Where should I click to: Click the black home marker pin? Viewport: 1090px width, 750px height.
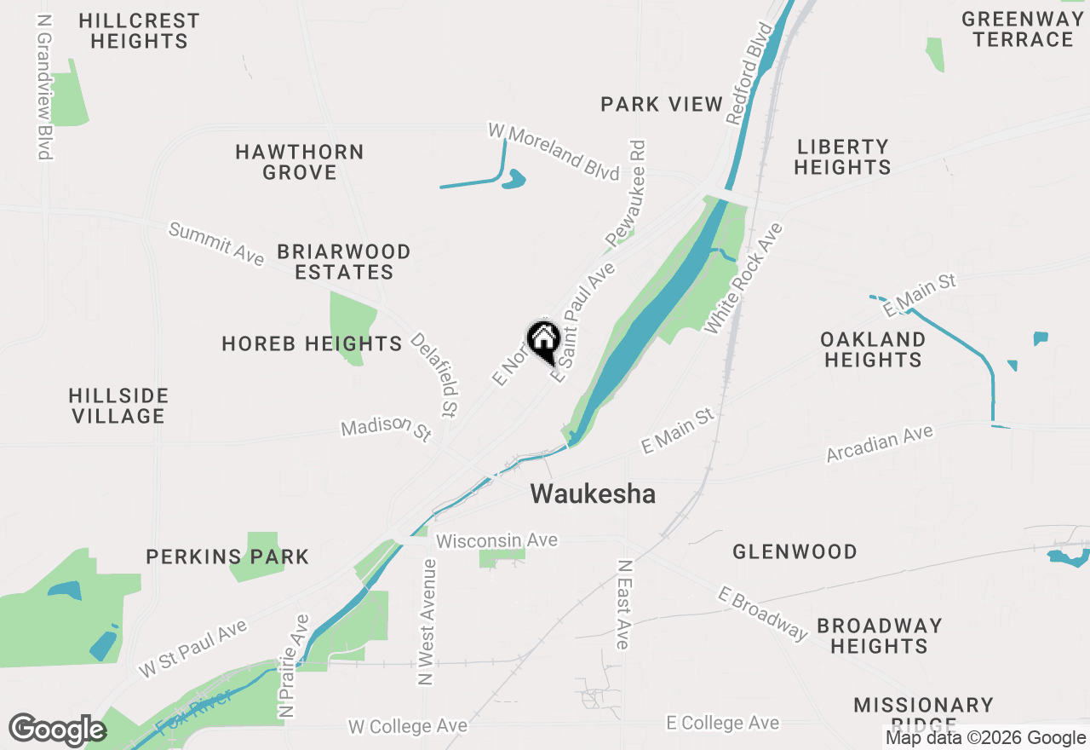coord(543,339)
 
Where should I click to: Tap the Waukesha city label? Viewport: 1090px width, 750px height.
coord(593,494)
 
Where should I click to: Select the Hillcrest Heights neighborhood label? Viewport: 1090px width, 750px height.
coord(139,31)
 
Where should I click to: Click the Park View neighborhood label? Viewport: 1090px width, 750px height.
coord(662,105)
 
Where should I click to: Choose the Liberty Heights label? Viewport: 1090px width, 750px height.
coord(842,157)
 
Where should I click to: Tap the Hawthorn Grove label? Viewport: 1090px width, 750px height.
coord(300,162)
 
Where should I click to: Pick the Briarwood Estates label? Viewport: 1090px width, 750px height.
coord(344,262)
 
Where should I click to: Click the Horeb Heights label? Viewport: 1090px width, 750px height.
coord(312,343)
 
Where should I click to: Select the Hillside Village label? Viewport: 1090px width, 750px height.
coord(118,406)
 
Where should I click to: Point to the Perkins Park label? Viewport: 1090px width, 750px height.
coord(227,557)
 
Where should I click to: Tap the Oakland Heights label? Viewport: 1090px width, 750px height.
coord(873,349)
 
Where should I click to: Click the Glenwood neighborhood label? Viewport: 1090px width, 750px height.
coord(795,551)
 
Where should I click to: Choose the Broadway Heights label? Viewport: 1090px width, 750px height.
coord(879,636)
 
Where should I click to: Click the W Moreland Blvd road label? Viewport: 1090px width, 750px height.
coord(554,152)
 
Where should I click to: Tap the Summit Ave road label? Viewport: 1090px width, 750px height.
coord(216,244)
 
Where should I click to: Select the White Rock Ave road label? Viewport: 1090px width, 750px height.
coord(743,279)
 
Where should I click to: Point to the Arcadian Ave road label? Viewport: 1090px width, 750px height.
coord(880,444)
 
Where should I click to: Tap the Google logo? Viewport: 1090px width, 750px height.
coord(57,730)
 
